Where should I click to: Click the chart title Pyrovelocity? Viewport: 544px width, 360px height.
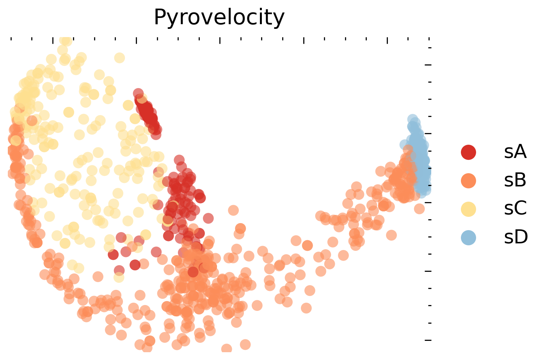click(x=219, y=18)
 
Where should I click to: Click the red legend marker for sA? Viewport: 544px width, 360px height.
click(x=468, y=152)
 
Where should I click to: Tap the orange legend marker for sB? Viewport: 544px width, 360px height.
click(x=468, y=181)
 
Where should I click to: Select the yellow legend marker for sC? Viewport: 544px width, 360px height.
click(x=468, y=209)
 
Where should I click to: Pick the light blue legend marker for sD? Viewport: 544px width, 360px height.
click(x=468, y=237)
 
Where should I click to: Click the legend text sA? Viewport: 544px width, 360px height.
click(x=515, y=152)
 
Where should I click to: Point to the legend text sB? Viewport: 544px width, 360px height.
click(x=515, y=181)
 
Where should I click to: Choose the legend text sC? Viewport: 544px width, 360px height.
click(x=515, y=209)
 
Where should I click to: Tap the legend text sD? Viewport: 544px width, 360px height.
click(x=516, y=237)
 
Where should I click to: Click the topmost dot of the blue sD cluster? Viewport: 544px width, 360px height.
click(x=412, y=119)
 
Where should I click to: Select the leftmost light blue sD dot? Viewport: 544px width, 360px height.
click(x=404, y=144)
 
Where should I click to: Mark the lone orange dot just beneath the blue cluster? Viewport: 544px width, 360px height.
click(x=419, y=209)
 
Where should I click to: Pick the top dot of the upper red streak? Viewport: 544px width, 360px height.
click(x=138, y=93)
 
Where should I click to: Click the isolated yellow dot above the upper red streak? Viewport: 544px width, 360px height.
click(x=119, y=58)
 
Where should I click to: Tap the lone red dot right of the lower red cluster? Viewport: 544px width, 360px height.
click(x=208, y=218)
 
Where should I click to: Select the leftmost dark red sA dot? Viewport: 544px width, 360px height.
click(x=113, y=255)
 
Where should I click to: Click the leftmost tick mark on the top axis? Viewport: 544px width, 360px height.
click(x=11, y=39)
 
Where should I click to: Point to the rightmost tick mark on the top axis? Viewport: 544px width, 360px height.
click(x=429, y=39)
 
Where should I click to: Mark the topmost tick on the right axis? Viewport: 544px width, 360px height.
click(x=430, y=48)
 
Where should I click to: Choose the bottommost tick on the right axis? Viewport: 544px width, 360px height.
click(x=428, y=340)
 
